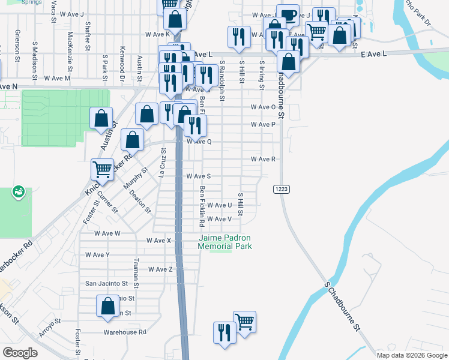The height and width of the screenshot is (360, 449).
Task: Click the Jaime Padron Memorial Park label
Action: coord(224,242)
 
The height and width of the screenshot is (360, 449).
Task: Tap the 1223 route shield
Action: coord(282,189)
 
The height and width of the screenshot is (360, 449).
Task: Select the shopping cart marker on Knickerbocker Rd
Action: coord(102,170)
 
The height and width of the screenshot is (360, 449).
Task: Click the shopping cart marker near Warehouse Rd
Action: coord(244,322)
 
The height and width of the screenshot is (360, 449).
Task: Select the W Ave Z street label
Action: coord(160,269)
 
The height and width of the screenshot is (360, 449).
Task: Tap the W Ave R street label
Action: coord(263,160)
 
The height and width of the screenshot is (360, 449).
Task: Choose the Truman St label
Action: coord(136,269)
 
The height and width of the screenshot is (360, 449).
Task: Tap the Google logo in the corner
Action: coord(21,353)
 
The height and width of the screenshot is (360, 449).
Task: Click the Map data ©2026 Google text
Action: coord(412,355)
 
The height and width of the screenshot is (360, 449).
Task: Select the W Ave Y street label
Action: coord(97,254)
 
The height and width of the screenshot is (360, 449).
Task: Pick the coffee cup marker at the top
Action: coord(288,15)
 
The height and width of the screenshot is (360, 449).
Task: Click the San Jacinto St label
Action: coord(107,283)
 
